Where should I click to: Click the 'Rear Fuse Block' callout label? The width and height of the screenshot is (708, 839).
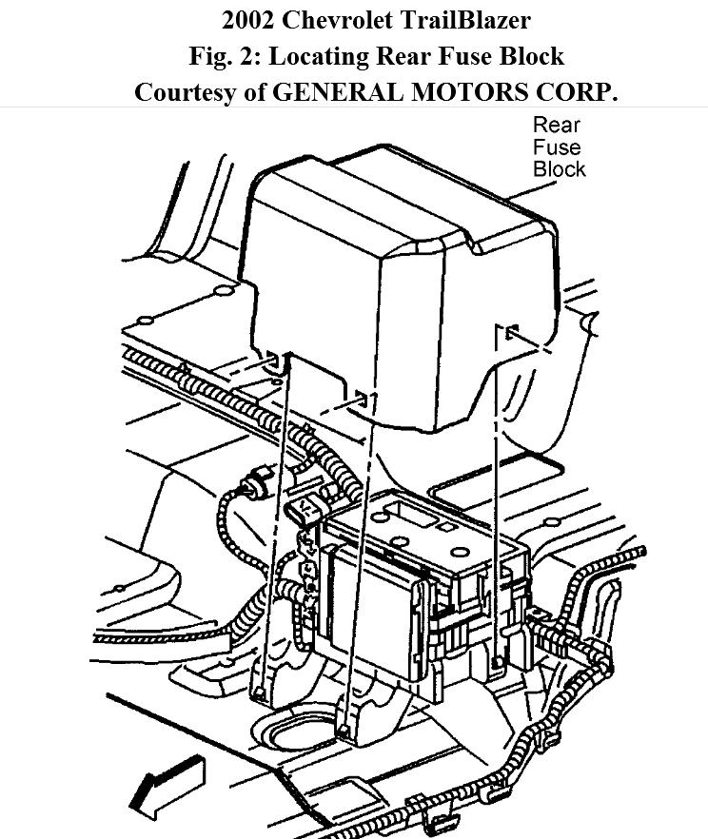coord(559,146)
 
